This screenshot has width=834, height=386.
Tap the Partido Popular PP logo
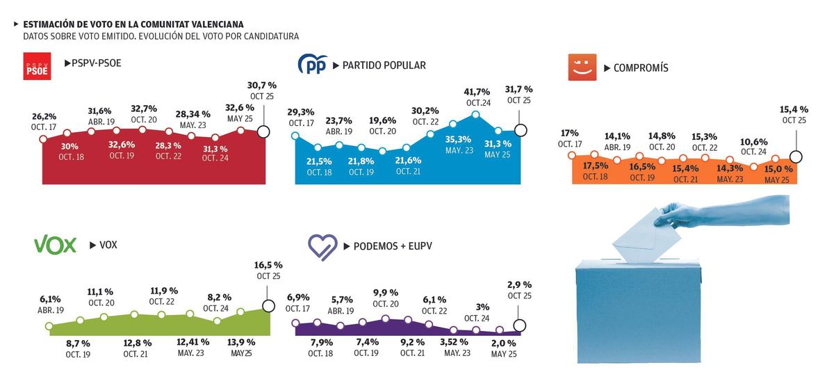tap(312, 65)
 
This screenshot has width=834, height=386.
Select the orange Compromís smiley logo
tap(582, 67)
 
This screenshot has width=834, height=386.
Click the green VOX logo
tap(55, 245)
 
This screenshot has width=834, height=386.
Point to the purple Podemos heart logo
tap(322, 246)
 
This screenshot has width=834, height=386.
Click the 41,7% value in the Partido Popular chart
tap(477, 92)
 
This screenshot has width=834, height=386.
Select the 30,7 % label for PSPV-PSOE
tap(262, 85)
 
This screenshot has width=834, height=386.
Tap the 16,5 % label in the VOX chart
tap(269, 265)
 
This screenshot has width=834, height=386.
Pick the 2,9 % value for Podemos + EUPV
tap(519, 284)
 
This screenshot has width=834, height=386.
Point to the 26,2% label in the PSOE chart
tap(44, 117)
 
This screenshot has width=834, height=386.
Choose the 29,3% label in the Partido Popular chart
tap(301, 112)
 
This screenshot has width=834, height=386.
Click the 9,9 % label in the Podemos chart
tap(385, 292)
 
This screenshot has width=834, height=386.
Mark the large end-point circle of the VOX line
tap(268, 306)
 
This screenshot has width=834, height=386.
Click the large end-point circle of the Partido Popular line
tap(521, 130)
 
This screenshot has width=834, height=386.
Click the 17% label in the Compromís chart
tap(570, 133)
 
